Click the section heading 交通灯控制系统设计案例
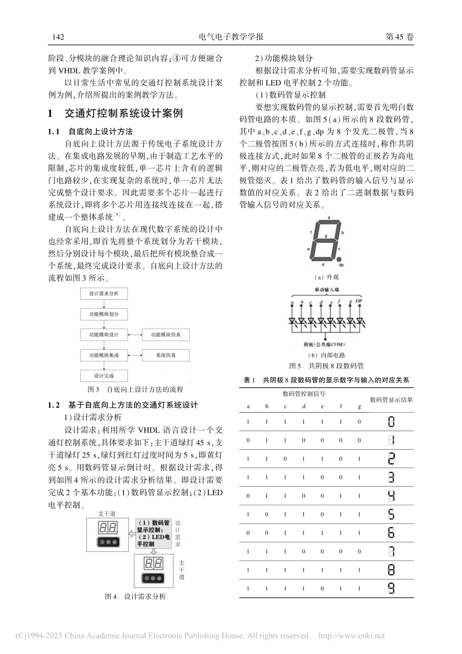point(124,114)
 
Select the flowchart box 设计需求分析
point(104,294)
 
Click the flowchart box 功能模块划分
point(104,314)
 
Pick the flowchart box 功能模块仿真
point(165,335)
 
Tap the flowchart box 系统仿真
point(165,355)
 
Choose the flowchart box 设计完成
point(104,376)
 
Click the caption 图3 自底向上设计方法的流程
point(135,390)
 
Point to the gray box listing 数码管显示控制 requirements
point(153,533)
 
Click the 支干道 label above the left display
point(107,513)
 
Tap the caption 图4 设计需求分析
point(135,597)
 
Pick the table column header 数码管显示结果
point(391,400)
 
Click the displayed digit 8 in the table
point(391,570)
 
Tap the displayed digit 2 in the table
point(391,459)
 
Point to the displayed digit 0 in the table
point(391,422)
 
